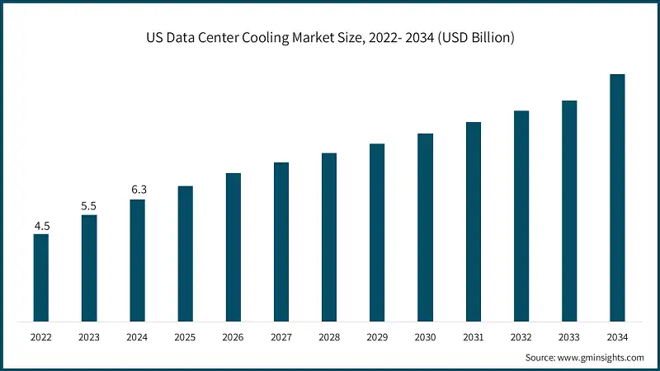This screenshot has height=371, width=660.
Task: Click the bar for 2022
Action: [40, 277]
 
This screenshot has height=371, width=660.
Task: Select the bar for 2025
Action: [185, 253]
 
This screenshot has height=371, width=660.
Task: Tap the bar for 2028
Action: [329, 237]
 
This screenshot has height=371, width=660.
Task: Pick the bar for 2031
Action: [473, 221]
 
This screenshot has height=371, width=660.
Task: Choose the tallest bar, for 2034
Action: [617, 197]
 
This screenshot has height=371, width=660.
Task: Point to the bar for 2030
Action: [425, 227]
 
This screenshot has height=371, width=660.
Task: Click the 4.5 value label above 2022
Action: [40, 225]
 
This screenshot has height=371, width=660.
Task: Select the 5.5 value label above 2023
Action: [88, 205]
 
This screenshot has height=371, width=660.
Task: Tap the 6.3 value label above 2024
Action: [137, 190]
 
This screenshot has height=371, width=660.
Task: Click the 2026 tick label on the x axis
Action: [233, 337]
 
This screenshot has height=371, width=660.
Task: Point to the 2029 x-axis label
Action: [377, 337]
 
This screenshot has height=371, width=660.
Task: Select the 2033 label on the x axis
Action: [569, 337]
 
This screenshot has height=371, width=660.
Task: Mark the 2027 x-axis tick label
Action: [281, 337]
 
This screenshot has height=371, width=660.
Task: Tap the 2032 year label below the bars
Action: [521, 337]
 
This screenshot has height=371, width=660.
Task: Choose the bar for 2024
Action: [137, 260]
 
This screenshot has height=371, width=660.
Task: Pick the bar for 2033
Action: [569, 210]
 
